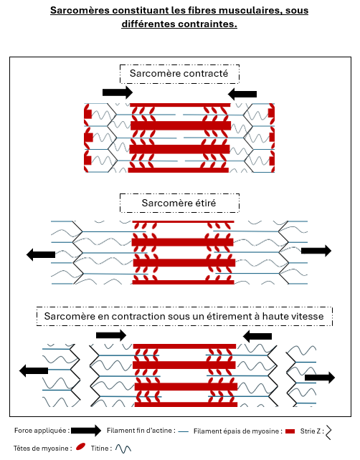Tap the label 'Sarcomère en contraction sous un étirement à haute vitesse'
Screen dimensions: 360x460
click(x=184, y=316)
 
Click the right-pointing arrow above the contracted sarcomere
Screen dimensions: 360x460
click(x=118, y=92)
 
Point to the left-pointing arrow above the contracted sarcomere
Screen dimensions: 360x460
click(x=242, y=94)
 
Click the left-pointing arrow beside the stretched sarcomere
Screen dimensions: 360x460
click(x=41, y=254)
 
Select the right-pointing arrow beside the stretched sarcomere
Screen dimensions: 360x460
click(x=316, y=251)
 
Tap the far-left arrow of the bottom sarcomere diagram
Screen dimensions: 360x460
click(x=34, y=371)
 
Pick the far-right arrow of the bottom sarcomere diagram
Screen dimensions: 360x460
click(x=320, y=378)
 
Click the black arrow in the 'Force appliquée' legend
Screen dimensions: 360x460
click(x=86, y=431)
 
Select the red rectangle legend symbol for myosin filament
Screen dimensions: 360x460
click(x=290, y=431)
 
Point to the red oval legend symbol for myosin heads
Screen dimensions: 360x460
click(x=80, y=446)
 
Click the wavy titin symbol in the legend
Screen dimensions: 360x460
click(x=123, y=449)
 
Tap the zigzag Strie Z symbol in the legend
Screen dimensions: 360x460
click(x=328, y=431)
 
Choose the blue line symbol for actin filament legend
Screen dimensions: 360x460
click(x=184, y=431)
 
